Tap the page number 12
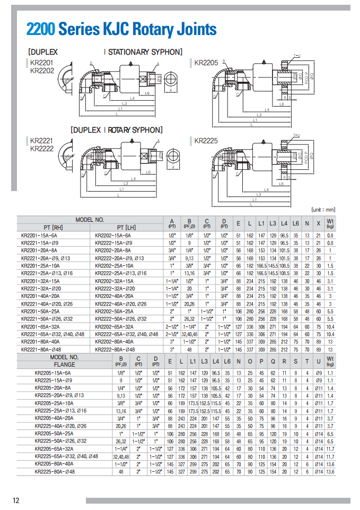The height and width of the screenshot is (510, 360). (16, 500)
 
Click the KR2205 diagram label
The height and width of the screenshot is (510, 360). (206, 63)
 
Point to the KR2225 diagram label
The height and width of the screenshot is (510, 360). (206, 141)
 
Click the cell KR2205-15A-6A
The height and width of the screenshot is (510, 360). (53, 373)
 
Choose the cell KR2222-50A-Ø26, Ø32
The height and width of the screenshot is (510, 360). (121, 319)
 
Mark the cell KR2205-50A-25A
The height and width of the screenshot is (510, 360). (54, 434)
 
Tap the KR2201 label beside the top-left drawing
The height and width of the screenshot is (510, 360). (42, 63)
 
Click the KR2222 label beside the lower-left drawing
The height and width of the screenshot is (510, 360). (42, 149)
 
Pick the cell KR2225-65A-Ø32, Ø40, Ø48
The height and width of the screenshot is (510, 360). (66, 456)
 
